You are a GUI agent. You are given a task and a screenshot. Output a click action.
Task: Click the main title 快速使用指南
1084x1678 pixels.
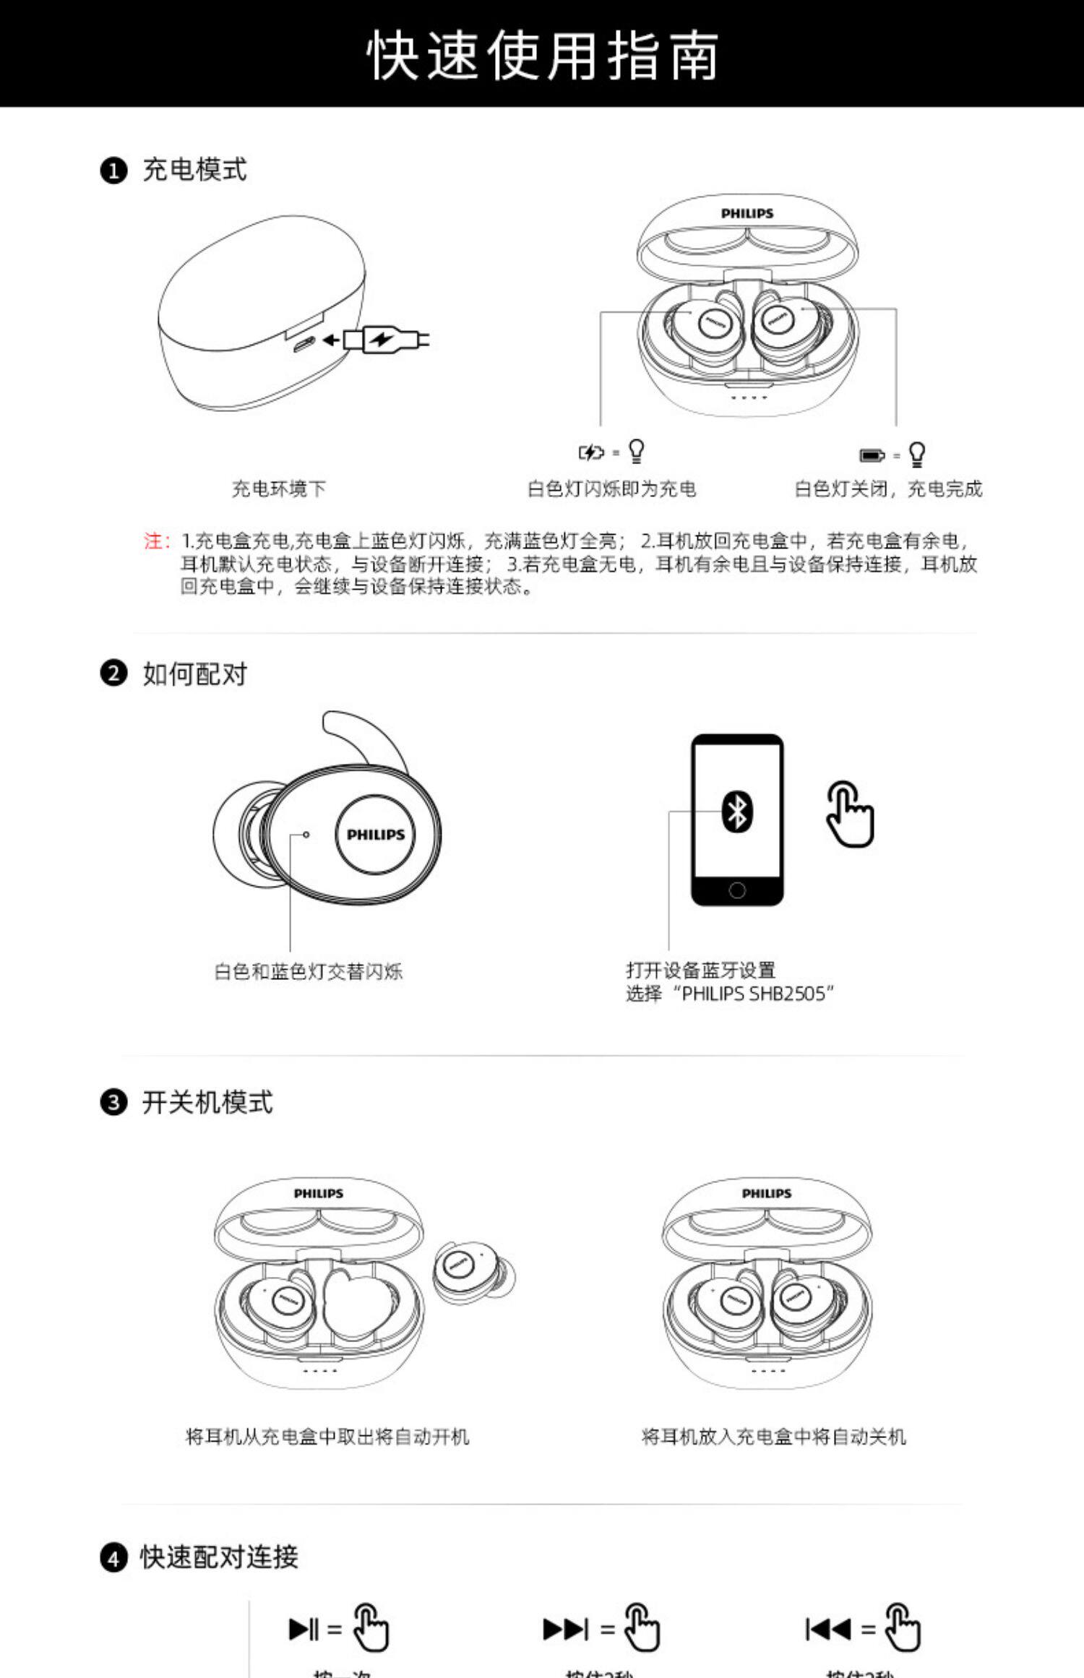pos(542,55)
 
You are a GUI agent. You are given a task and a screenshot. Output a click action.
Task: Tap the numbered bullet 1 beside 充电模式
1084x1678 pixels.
pos(113,171)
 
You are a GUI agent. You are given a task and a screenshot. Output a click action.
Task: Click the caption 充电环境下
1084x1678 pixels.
pos(279,489)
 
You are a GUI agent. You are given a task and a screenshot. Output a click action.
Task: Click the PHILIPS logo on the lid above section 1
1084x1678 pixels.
pos(747,213)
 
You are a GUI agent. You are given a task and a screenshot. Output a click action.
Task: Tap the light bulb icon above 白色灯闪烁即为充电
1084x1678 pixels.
pos(636,451)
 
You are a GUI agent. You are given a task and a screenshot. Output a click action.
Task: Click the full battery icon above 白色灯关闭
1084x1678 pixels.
pos(872,455)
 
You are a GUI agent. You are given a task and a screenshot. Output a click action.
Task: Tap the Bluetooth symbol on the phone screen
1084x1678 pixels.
pos(737,812)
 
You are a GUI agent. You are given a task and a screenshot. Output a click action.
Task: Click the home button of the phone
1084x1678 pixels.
pos(737,890)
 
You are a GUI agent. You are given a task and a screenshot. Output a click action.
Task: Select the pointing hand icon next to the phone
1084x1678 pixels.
pos(850,814)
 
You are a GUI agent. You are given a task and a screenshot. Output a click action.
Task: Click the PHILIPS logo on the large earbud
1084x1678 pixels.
pos(376,835)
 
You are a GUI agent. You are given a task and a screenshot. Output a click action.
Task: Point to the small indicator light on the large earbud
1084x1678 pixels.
pos(306,835)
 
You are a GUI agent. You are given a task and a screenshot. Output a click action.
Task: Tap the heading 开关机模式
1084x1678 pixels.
pos(207,1103)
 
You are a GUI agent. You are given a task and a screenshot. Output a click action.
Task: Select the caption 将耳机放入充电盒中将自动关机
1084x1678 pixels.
pos(773,1437)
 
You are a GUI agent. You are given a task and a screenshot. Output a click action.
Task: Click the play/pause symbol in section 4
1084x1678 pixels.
pos(304,1629)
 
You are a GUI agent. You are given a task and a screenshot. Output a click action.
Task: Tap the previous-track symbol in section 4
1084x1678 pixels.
pos(828,1629)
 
